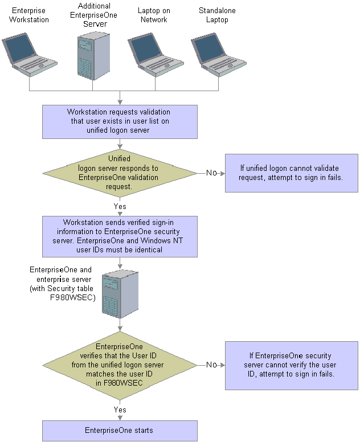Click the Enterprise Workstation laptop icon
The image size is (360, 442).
(x=30, y=55)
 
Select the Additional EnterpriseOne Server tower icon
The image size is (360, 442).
(x=93, y=56)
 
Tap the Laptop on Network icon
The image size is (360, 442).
(x=156, y=55)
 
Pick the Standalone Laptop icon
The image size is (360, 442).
(x=219, y=55)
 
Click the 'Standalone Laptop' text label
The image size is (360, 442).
(x=217, y=15)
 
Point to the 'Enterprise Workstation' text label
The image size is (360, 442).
(x=28, y=15)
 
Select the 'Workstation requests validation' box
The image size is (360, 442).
(x=120, y=122)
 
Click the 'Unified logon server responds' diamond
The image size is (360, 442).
(x=120, y=173)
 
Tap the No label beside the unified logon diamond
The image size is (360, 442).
(x=211, y=173)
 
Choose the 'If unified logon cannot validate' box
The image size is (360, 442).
(x=292, y=173)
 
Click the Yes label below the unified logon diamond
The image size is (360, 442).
(x=120, y=206)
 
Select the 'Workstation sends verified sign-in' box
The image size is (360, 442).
(x=120, y=236)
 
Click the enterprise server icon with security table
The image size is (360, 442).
(x=120, y=294)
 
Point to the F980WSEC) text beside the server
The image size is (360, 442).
(x=73, y=297)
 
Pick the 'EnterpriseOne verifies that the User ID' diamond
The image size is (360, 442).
(x=120, y=365)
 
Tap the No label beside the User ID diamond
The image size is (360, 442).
(x=211, y=365)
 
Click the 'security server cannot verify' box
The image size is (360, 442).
(x=292, y=366)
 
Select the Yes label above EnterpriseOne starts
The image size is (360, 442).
(x=120, y=410)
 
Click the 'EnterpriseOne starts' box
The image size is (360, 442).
(x=120, y=431)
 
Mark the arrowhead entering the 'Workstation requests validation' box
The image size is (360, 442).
(x=120, y=103)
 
